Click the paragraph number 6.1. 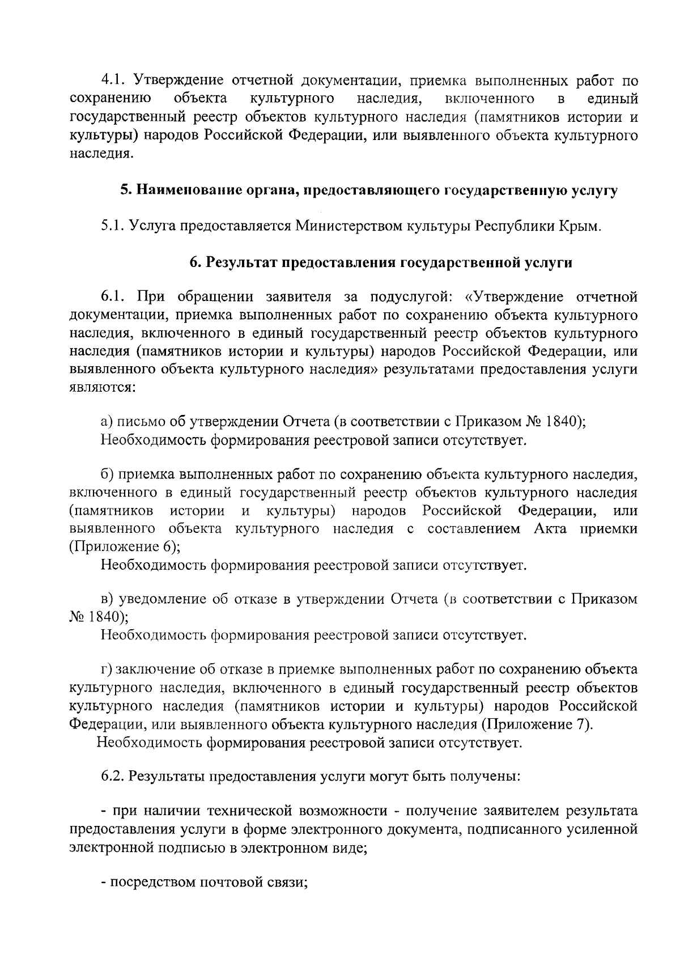[113, 297]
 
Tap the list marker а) [107, 421]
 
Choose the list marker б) [108, 474]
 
